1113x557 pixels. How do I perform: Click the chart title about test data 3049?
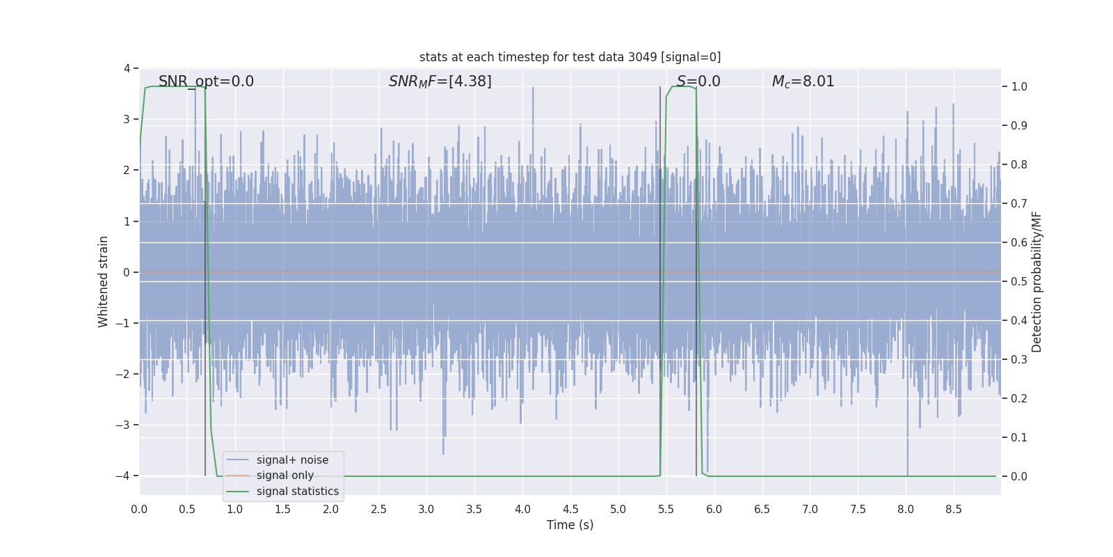(x=570, y=57)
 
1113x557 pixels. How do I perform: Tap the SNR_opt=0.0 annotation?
(x=206, y=81)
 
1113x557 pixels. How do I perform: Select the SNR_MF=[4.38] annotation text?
(x=440, y=81)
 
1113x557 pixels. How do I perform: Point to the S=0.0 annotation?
(x=698, y=81)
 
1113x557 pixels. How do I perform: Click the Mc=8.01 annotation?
(x=803, y=81)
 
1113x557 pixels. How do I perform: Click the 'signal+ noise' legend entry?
(x=292, y=460)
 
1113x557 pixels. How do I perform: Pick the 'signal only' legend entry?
(x=285, y=476)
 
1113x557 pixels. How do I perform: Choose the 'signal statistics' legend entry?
(x=297, y=492)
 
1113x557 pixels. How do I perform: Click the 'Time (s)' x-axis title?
(x=570, y=525)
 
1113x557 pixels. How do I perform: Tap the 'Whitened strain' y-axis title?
(x=104, y=281)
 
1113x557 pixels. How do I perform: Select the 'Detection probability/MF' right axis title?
(x=1036, y=281)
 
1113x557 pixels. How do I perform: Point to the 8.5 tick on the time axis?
(x=953, y=510)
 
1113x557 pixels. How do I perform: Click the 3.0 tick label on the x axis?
(x=426, y=510)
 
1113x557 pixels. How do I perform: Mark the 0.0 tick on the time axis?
(x=139, y=510)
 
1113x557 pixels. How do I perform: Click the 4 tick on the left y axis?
(x=127, y=68)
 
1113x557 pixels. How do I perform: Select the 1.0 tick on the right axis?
(x=1019, y=87)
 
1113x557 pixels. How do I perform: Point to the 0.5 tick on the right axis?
(x=1019, y=282)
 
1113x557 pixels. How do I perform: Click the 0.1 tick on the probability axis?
(x=1019, y=438)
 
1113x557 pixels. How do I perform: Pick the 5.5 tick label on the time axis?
(x=666, y=510)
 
